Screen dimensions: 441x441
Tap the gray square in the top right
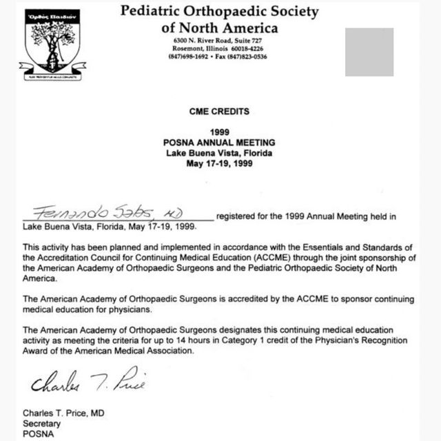coord(369,52)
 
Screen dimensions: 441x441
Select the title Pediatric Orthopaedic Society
coord(219,12)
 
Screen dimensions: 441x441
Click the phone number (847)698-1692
coord(188,57)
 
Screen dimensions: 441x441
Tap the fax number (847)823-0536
coord(249,57)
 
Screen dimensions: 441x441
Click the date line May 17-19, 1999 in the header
coord(219,164)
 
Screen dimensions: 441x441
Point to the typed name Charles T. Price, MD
coord(65,413)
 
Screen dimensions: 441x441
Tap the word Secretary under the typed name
coord(42,424)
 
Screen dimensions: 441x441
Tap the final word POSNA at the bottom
coord(36,434)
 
